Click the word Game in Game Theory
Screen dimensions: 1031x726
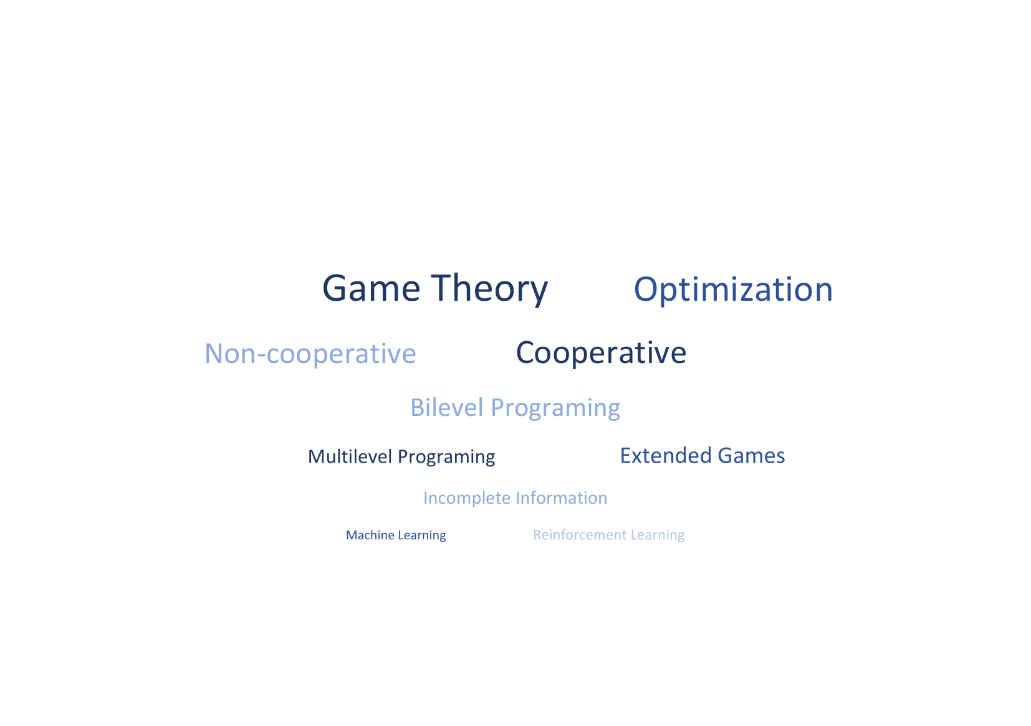(371, 288)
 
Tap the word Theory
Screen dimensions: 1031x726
(489, 290)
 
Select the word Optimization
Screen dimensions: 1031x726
(733, 290)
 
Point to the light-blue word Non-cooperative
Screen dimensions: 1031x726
(310, 354)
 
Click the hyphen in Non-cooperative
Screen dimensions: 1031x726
(261, 356)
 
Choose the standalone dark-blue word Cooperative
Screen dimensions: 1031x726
(601, 353)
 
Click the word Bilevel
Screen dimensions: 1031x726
(446, 407)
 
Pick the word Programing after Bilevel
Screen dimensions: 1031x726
(555, 408)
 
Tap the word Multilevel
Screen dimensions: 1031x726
(350, 456)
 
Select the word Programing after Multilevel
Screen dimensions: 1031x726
(446, 458)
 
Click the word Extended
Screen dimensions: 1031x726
(666, 456)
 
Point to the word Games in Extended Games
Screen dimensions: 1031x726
(751, 456)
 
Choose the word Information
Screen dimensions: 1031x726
(561, 498)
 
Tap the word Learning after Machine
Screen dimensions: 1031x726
(421, 536)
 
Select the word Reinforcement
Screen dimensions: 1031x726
(580, 535)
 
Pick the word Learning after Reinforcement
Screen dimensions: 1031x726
(657, 535)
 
